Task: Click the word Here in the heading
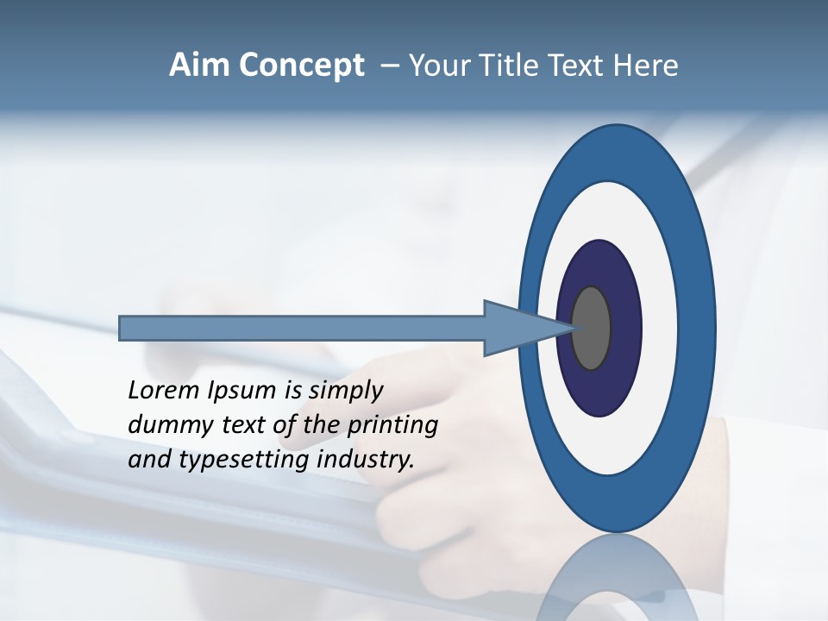[647, 66]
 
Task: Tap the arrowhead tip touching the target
[573, 327]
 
